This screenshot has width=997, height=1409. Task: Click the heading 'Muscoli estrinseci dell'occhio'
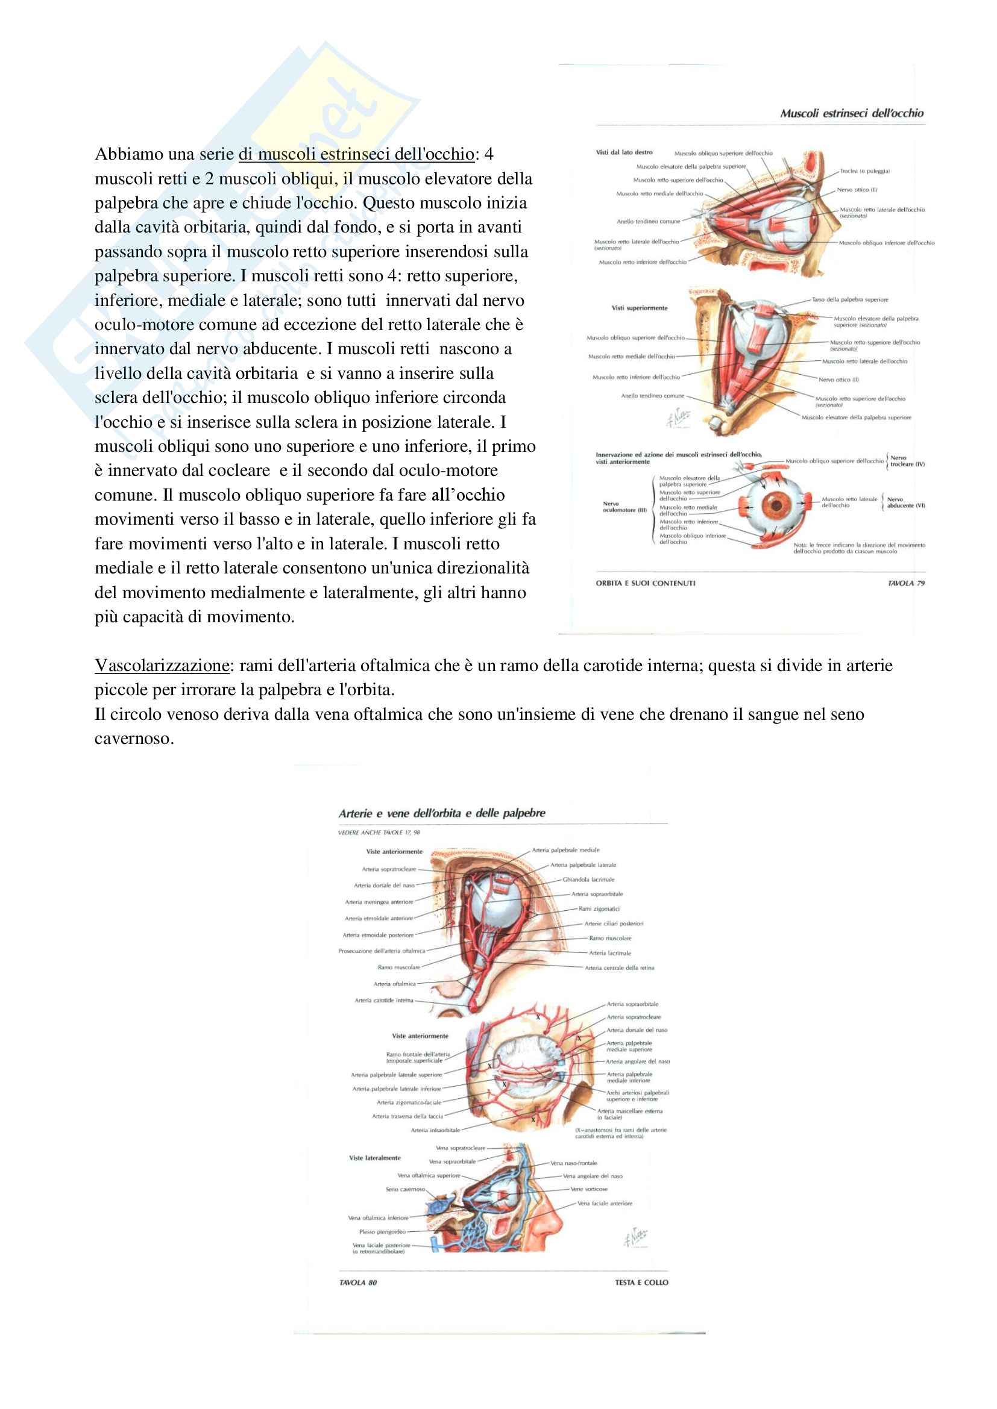(x=852, y=113)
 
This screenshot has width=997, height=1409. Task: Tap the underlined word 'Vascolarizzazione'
(x=162, y=665)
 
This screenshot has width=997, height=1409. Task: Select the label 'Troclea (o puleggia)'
(x=864, y=171)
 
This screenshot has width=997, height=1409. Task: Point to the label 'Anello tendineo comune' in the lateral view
(x=649, y=222)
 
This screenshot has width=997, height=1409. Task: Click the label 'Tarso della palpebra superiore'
(x=850, y=299)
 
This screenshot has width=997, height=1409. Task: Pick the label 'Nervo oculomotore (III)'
(x=624, y=507)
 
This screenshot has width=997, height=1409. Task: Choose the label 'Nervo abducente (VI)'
(x=905, y=502)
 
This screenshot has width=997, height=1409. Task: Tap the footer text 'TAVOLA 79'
(x=905, y=583)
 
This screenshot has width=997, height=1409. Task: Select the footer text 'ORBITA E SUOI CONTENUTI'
(x=645, y=583)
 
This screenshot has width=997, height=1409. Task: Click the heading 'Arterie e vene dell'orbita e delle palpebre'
(x=441, y=813)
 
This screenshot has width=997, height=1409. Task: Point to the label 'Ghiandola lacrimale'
(x=588, y=879)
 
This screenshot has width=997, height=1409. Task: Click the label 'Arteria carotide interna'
(x=384, y=1001)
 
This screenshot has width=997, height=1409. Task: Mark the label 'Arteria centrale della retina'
(x=619, y=968)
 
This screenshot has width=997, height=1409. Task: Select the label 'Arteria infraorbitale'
(x=435, y=1129)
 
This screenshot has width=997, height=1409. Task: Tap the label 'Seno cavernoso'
(x=404, y=1189)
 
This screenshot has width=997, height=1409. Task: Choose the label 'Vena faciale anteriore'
(x=604, y=1204)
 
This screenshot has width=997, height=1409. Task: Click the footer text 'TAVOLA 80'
(x=358, y=1282)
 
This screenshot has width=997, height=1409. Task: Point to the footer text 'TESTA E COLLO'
(x=641, y=1282)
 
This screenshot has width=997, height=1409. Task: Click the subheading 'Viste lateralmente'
(x=374, y=1158)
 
